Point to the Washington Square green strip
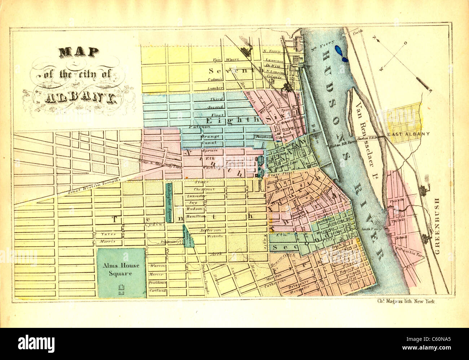[x=168, y=202]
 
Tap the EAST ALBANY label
[x=409, y=134]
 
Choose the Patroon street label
[x=201, y=127]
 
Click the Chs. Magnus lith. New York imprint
[x=406, y=301]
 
